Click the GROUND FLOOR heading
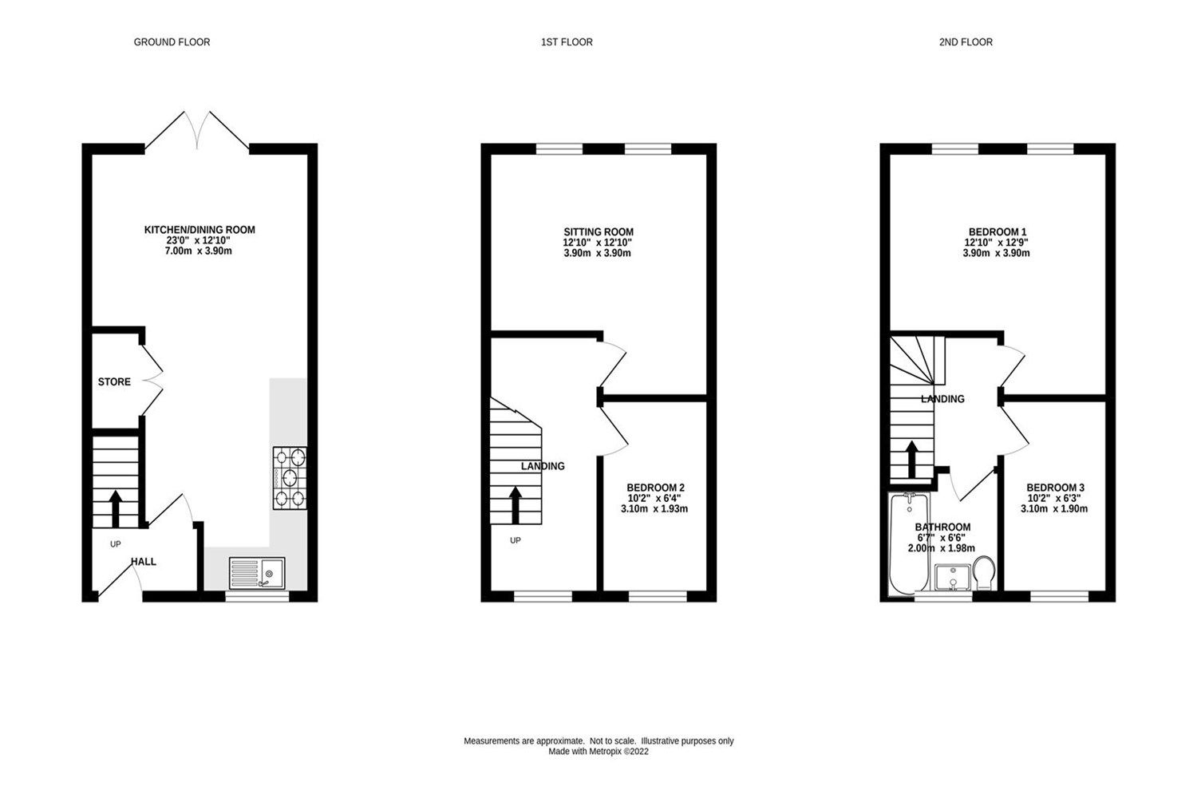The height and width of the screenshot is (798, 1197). pyautogui.click(x=172, y=42)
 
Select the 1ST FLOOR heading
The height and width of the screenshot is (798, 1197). pyautogui.click(x=567, y=42)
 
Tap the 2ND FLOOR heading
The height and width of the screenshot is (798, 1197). pyautogui.click(x=966, y=42)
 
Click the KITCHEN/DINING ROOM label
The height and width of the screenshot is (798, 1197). pyautogui.click(x=199, y=230)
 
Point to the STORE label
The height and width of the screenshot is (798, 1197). pyautogui.click(x=114, y=382)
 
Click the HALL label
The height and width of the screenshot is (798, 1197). pyautogui.click(x=144, y=562)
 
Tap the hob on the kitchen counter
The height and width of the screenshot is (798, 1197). pyautogui.click(x=290, y=478)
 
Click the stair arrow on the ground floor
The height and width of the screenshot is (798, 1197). pyautogui.click(x=115, y=508)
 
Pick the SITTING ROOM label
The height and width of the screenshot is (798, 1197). pyautogui.click(x=598, y=232)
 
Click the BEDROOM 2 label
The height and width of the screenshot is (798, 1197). pyautogui.click(x=655, y=488)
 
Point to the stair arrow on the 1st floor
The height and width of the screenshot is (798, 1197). pyautogui.click(x=516, y=505)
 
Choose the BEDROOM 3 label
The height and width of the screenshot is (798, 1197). pyautogui.click(x=1055, y=488)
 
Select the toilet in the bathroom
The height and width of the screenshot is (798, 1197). pyautogui.click(x=984, y=571)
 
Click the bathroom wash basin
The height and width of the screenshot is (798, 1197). pyautogui.click(x=952, y=577)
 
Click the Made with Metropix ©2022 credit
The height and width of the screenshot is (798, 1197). pyautogui.click(x=598, y=752)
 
